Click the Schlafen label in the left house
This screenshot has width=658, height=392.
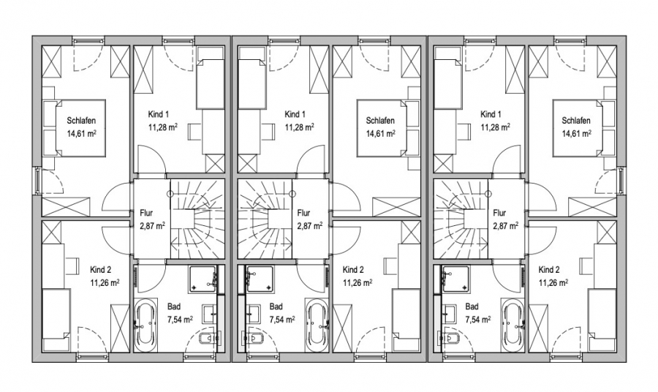(81, 121)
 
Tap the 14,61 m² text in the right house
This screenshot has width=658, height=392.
(576, 133)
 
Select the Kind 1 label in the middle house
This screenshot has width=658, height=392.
(295, 114)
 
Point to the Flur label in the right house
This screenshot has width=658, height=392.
(499, 213)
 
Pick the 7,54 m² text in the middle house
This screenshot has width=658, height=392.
(282, 320)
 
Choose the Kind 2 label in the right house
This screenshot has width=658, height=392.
(549, 269)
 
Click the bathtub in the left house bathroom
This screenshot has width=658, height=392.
(145, 323)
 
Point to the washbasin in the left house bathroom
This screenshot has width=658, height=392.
(209, 314)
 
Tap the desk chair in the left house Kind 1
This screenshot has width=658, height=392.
(194, 132)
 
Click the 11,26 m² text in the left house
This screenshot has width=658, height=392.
(105, 282)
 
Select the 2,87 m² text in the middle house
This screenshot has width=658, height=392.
(310, 226)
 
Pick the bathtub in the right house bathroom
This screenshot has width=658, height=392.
(513, 323)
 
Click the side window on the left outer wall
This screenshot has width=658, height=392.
(38, 181)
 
